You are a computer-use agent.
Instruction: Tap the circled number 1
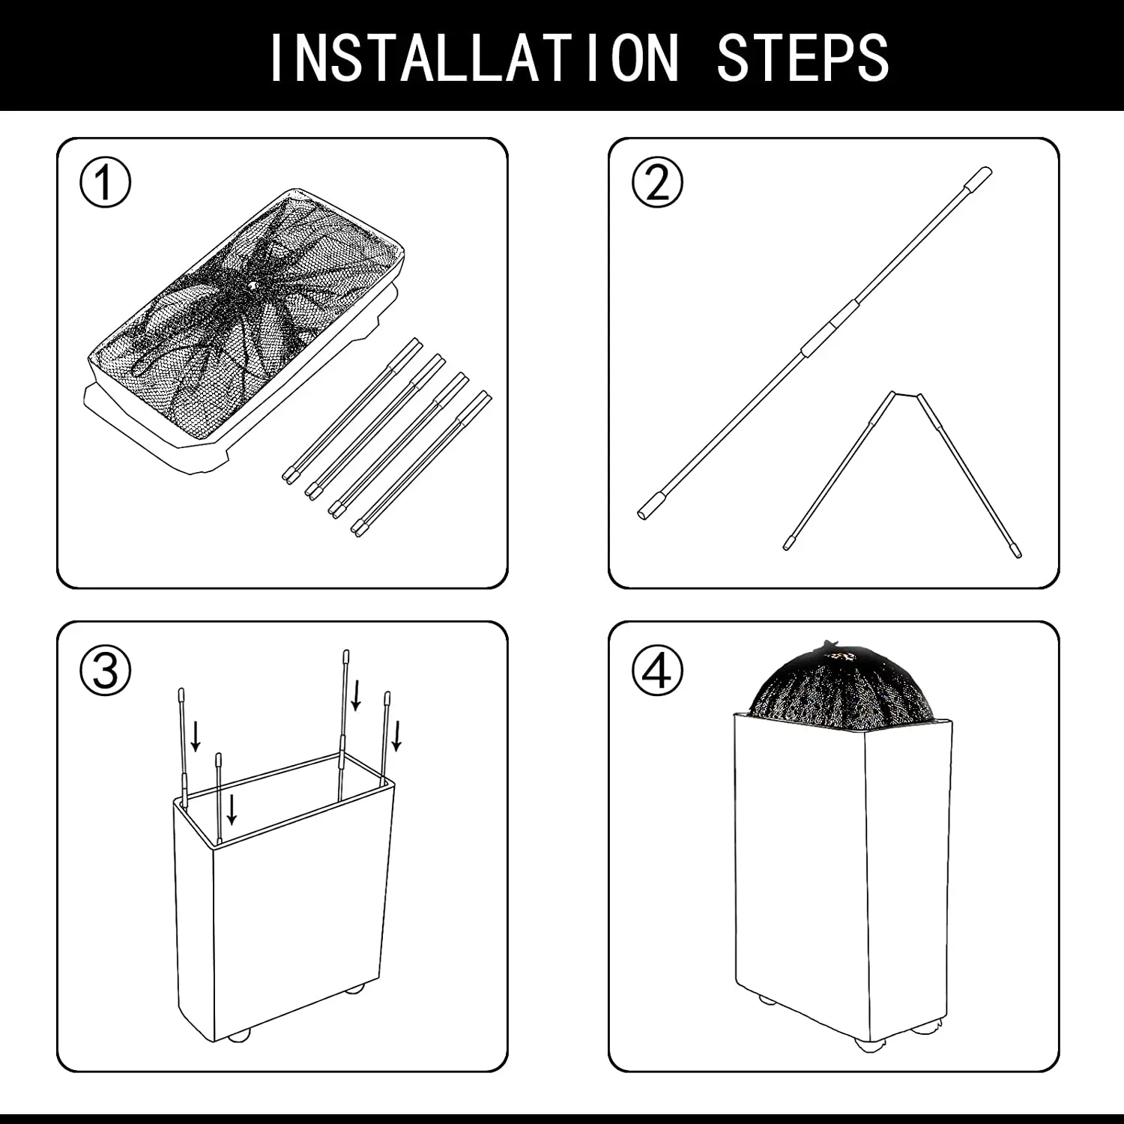point(106,182)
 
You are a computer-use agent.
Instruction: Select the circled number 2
point(657,182)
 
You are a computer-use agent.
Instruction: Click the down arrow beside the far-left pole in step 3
point(196,736)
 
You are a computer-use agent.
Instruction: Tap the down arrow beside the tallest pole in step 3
point(357,695)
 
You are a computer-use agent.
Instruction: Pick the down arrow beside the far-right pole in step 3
point(397,735)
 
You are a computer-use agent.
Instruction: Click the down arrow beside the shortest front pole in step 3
point(232,809)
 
